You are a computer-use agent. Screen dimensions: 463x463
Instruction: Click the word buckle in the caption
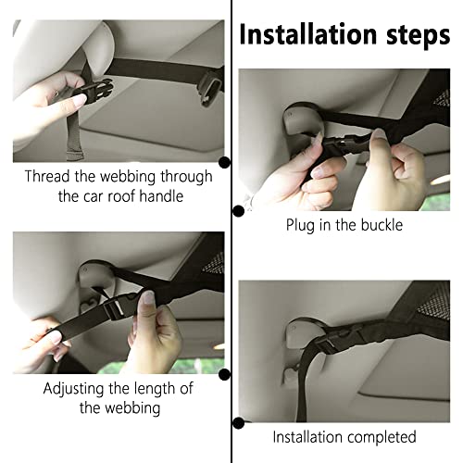382,224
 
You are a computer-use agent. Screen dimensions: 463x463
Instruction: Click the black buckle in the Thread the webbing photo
94,91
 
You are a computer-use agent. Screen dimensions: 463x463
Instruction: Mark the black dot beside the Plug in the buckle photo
238,210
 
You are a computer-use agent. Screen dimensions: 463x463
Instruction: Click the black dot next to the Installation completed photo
238,422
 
